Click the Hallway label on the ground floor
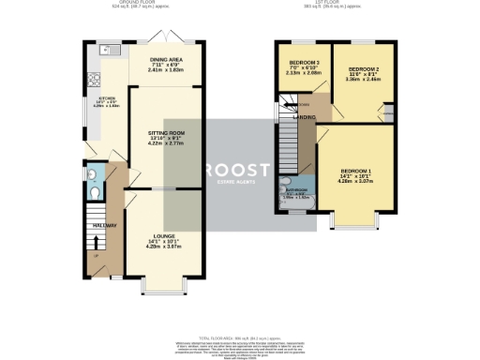103,226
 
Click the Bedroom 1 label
358,174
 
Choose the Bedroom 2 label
363,73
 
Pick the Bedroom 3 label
304,66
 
